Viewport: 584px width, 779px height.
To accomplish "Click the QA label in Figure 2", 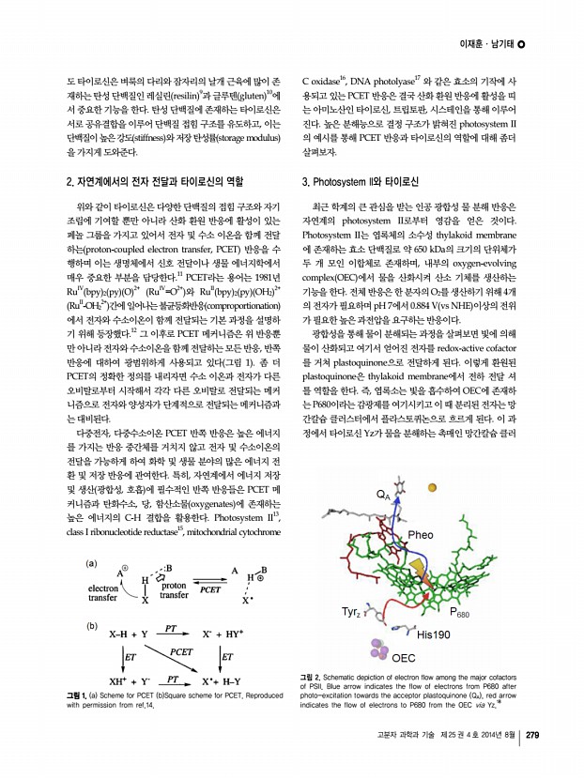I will click(x=382, y=495).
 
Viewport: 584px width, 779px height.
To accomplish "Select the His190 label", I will click(x=434, y=634).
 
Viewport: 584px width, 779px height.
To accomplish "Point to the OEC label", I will click(x=404, y=658).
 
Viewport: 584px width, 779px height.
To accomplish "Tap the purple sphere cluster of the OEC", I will click(x=379, y=648).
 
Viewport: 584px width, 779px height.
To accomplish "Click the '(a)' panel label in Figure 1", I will click(x=92, y=562).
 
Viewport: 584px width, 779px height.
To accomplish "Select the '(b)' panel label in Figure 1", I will click(x=92, y=624).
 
